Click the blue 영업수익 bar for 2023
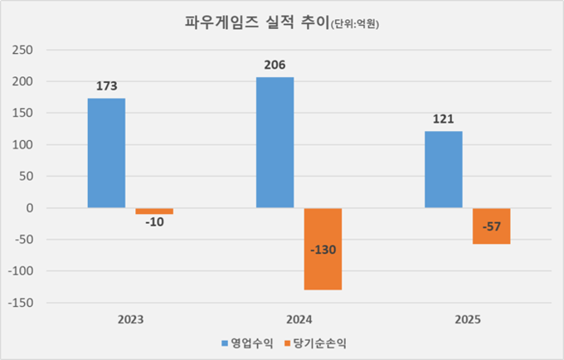(106, 153)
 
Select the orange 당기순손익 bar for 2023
(154, 212)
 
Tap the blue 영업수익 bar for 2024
(275, 143)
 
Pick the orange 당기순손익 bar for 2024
(323, 249)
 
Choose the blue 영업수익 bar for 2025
(444, 169)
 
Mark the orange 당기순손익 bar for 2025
(491, 226)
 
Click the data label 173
(107, 86)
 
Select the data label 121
(444, 119)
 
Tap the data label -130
(323, 250)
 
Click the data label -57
(491, 226)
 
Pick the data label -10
(154, 223)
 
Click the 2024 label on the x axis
(299, 319)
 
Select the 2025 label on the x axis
(467, 319)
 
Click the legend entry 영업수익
(245, 342)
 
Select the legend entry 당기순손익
(314, 342)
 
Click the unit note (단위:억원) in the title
(360, 26)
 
